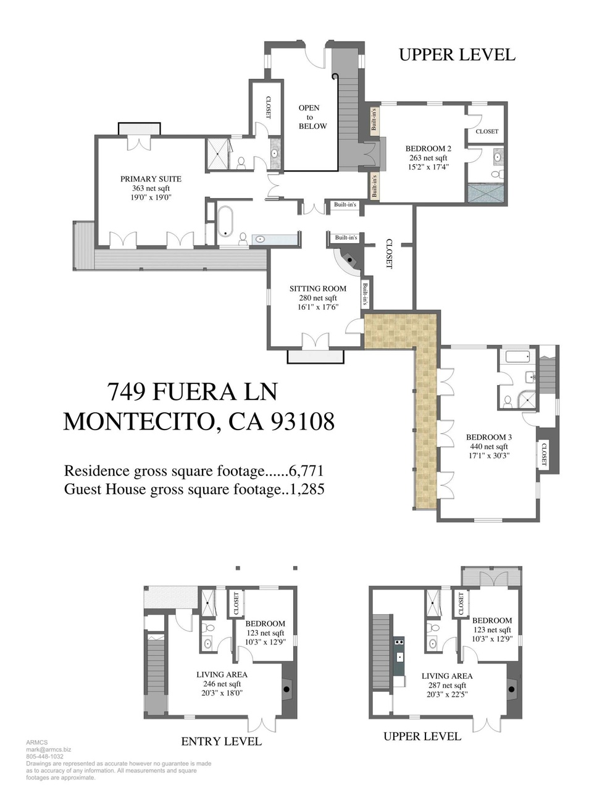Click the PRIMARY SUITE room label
tap(151, 179)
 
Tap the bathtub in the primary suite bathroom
tap(226, 222)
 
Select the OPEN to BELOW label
tap(312, 117)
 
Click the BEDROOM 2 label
tap(428, 148)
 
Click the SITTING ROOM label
tap(318, 289)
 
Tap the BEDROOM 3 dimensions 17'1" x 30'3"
tap(488, 456)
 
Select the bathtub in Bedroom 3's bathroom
tap(517, 357)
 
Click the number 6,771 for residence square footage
tap(306, 471)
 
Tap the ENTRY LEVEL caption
tap(222, 741)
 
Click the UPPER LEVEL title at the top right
tap(457, 55)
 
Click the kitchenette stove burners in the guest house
tap(399, 642)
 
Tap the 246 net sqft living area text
tap(222, 684)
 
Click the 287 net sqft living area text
tap(447, 685)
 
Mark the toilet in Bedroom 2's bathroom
tap(496, 175)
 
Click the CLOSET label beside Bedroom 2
tap(487, 131)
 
